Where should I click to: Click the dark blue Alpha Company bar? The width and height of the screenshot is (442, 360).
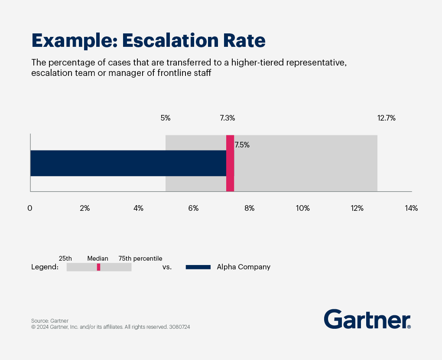tap(128, 163)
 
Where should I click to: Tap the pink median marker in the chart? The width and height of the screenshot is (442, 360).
tap(230, 163)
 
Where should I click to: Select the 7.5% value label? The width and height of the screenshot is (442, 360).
tap(242, 145)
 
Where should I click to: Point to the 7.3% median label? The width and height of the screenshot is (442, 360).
tap(227, 118)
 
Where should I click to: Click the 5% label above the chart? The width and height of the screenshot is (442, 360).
tap(166, 118)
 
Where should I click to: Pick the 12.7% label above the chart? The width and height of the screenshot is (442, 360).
tap(387, 118)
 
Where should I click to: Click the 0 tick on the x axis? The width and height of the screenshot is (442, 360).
tap(30, 208)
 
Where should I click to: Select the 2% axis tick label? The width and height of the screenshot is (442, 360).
tap(85, 208)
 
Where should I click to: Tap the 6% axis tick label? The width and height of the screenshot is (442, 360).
tap(193, 208)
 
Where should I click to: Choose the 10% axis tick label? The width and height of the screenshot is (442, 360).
tap(303, 208)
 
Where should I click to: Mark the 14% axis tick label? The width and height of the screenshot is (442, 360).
tap(411, 208)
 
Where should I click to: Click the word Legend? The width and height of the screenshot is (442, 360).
tap(45, 267)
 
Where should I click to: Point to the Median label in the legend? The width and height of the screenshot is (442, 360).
tap(98, 259)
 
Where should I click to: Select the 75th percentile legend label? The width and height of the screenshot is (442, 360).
tap(140, 259)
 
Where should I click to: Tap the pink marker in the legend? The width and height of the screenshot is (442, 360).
tap(98, 267)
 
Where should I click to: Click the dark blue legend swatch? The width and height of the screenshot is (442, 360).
tap(198, 267)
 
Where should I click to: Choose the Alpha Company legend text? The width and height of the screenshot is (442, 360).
tap(244, 267)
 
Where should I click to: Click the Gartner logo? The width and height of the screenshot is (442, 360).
tap(367, 320)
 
